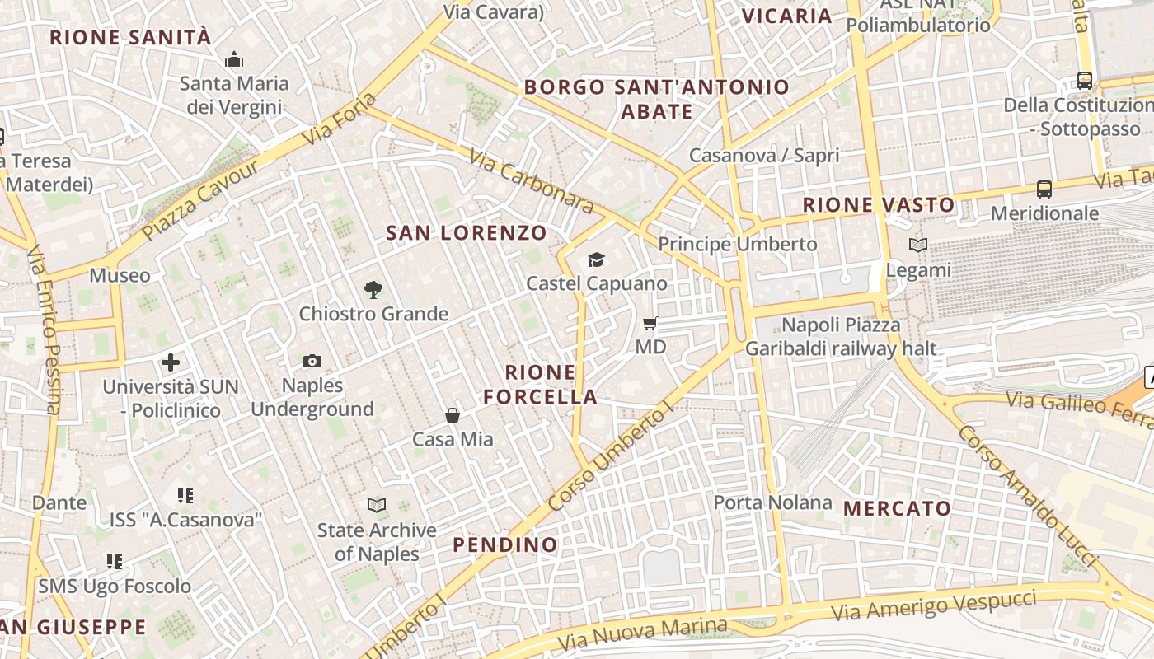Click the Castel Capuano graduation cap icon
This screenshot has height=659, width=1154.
click(x=596, y=260)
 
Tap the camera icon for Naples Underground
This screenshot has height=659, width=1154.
click(x=312, y=361)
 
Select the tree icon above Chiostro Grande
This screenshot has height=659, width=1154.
click(x=373, y=289)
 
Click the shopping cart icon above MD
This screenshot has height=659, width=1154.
click(x=650, y=323)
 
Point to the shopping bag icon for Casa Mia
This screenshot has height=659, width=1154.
click(x=452, y=415)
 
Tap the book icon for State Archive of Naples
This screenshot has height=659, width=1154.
click(x=377, y=504)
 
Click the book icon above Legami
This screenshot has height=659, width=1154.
click(x=917, y=245)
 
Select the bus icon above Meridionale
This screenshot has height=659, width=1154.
click(x=1044, y=189)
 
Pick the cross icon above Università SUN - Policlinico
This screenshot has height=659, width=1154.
click(x=171, y=362)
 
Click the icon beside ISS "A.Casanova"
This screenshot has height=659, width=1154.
click(x=185, y=496)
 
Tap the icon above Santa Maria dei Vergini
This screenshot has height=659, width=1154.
click(x=234, y=59)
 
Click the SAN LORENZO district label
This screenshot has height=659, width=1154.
click(x=467, y=233)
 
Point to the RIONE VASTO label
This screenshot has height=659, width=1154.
click(x=879, y=205)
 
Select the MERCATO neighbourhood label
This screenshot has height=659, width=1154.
click(x=898, y=508)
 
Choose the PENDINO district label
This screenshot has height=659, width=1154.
click(x=505, y=544)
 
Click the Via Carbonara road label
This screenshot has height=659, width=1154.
click(x=532, y=181)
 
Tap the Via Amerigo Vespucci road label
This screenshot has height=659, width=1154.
click(x=933, y=606)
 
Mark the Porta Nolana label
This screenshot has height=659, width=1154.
click(x=772, y=502)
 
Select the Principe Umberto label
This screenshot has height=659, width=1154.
click(x=737, y=245)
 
